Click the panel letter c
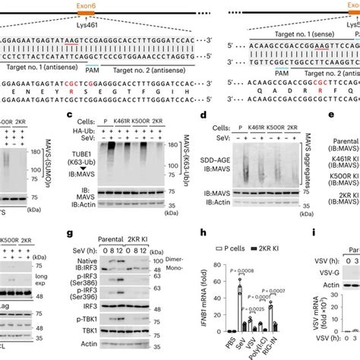[69, 115]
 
